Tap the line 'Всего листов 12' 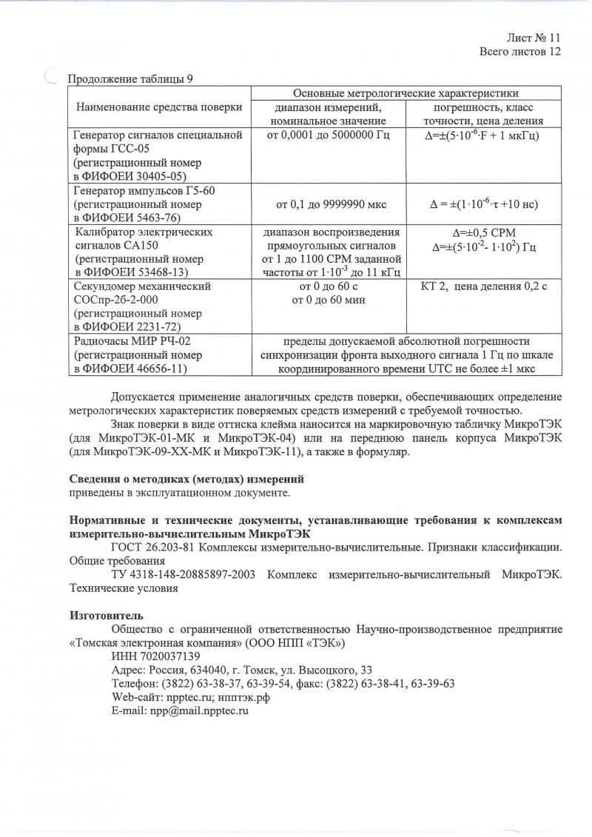point(520,51)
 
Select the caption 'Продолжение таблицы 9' point(132,79)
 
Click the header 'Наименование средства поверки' point(159,107)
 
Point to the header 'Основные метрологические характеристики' point(406,93)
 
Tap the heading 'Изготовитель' point(106,614)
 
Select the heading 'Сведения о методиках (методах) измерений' point(186,479)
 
